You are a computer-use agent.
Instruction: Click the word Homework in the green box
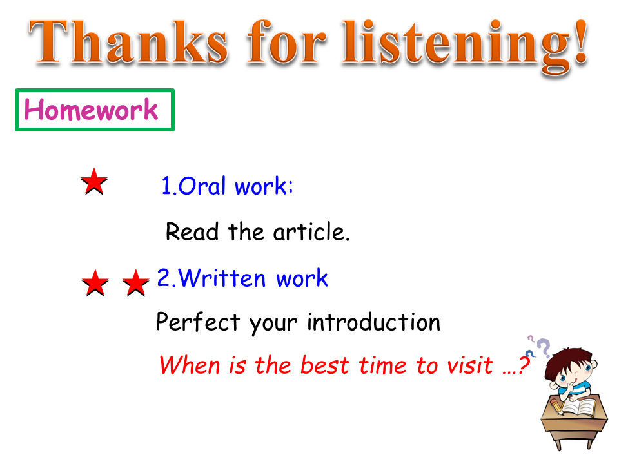(91, 110)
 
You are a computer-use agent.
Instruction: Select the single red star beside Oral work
(94, 182)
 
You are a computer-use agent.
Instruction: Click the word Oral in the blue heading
(202, 186)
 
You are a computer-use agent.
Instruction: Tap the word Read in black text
(192, 231)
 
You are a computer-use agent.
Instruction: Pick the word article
(311, 231)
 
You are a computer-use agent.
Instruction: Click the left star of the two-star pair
(95, 283)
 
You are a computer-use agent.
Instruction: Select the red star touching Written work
(136, 283)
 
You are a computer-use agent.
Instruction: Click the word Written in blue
(222, 278)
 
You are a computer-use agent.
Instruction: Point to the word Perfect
(198, 322)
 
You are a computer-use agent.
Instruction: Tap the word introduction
(373, 322)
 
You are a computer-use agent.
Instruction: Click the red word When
(190, 365)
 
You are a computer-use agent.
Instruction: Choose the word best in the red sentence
(324, 365)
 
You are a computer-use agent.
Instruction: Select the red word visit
(470, 365)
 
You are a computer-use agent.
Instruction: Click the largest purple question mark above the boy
(544, 348)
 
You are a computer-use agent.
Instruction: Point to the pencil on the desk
(556, 407)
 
